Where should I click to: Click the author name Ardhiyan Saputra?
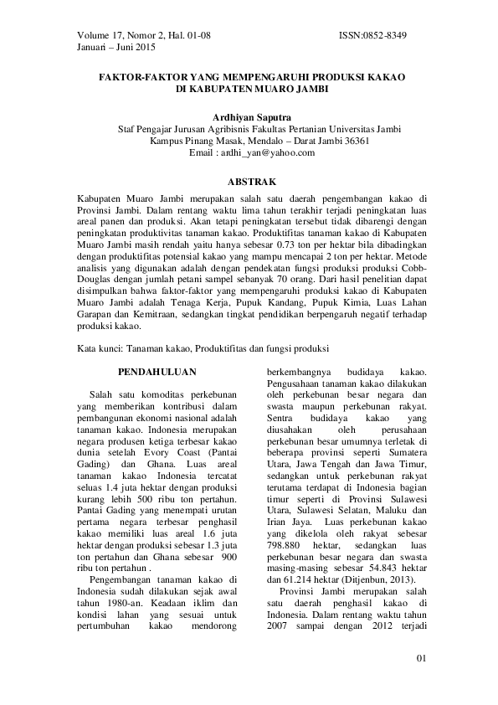[x=249, y=117]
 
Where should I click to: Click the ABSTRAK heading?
[x=249, y=181]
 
